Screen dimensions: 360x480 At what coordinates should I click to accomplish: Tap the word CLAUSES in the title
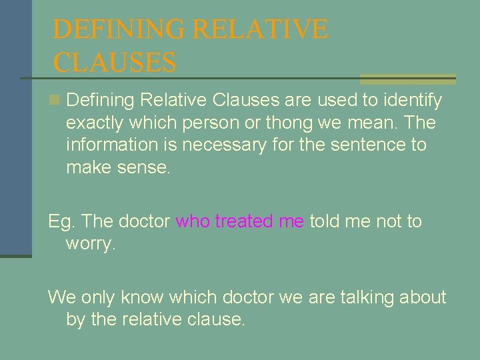pos(114,63)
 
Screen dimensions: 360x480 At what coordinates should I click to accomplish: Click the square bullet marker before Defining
pos(55,101)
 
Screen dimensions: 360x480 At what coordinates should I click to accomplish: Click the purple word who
pos(192,221)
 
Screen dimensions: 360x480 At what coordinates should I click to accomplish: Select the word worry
pos(90,243)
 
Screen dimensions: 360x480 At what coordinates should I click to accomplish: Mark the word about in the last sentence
pos(423,297)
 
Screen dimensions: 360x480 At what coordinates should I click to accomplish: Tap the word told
pos(325,221)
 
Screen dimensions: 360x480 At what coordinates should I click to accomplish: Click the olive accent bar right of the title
pos(407,79)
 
